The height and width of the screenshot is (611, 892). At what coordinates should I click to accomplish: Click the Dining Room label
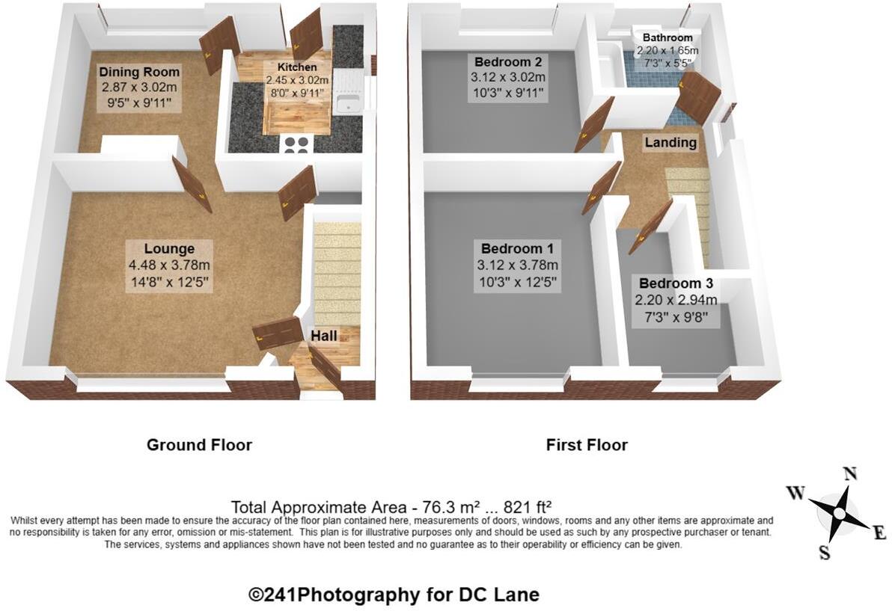click(139, 73)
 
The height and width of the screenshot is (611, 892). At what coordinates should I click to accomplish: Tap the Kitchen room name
click(297, 67)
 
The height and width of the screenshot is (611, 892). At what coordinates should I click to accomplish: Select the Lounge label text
click(169, 249)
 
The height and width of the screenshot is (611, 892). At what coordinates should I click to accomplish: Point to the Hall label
click(324, 336)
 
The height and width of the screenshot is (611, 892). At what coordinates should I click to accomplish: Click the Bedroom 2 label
click(508, 61)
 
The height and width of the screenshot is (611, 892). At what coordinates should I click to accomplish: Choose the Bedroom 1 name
click(517, 248)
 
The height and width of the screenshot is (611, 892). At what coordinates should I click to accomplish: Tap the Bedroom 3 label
click(676, 283)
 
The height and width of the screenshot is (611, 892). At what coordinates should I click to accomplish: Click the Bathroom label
click(668, 38)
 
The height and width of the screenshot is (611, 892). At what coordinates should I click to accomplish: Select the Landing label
click(670, 142)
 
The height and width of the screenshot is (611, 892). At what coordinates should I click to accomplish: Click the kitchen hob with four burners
click(296, 145)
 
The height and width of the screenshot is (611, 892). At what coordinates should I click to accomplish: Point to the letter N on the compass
click(850, 474)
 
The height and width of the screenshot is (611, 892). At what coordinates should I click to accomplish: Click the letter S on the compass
click(824, 551)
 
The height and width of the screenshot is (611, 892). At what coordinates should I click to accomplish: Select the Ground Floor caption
click(199, 444)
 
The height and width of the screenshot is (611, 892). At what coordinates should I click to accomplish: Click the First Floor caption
click(587, 444)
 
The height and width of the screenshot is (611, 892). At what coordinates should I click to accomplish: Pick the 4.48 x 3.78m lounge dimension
click(169, 265)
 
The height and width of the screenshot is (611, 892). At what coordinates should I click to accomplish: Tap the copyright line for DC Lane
click(394, 595)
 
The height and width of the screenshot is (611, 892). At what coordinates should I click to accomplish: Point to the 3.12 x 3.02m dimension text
click(508, 77)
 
